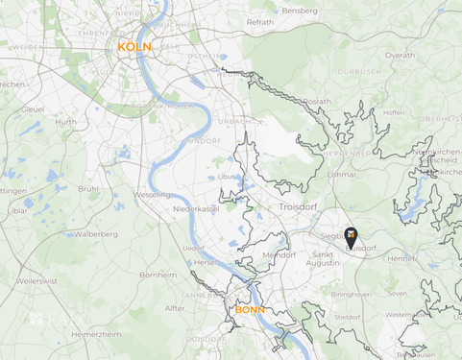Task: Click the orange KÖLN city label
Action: [x=134, y=46]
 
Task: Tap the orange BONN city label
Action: [x=250, y=310]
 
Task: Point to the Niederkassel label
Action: [x=197, y=208]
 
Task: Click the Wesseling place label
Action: [x=153, y=193]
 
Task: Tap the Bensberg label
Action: [x=299, y=11]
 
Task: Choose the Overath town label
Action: [x=400, y=56]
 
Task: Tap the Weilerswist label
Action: [x=37, y=281]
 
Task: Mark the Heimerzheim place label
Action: [x=96, y=334]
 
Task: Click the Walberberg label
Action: [x=95, y=233]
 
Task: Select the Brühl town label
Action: [x=88, y=189]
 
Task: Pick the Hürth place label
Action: [x=65, y=122]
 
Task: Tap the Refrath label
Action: [x=260, y=21]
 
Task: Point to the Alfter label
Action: [x=175, y=308]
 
